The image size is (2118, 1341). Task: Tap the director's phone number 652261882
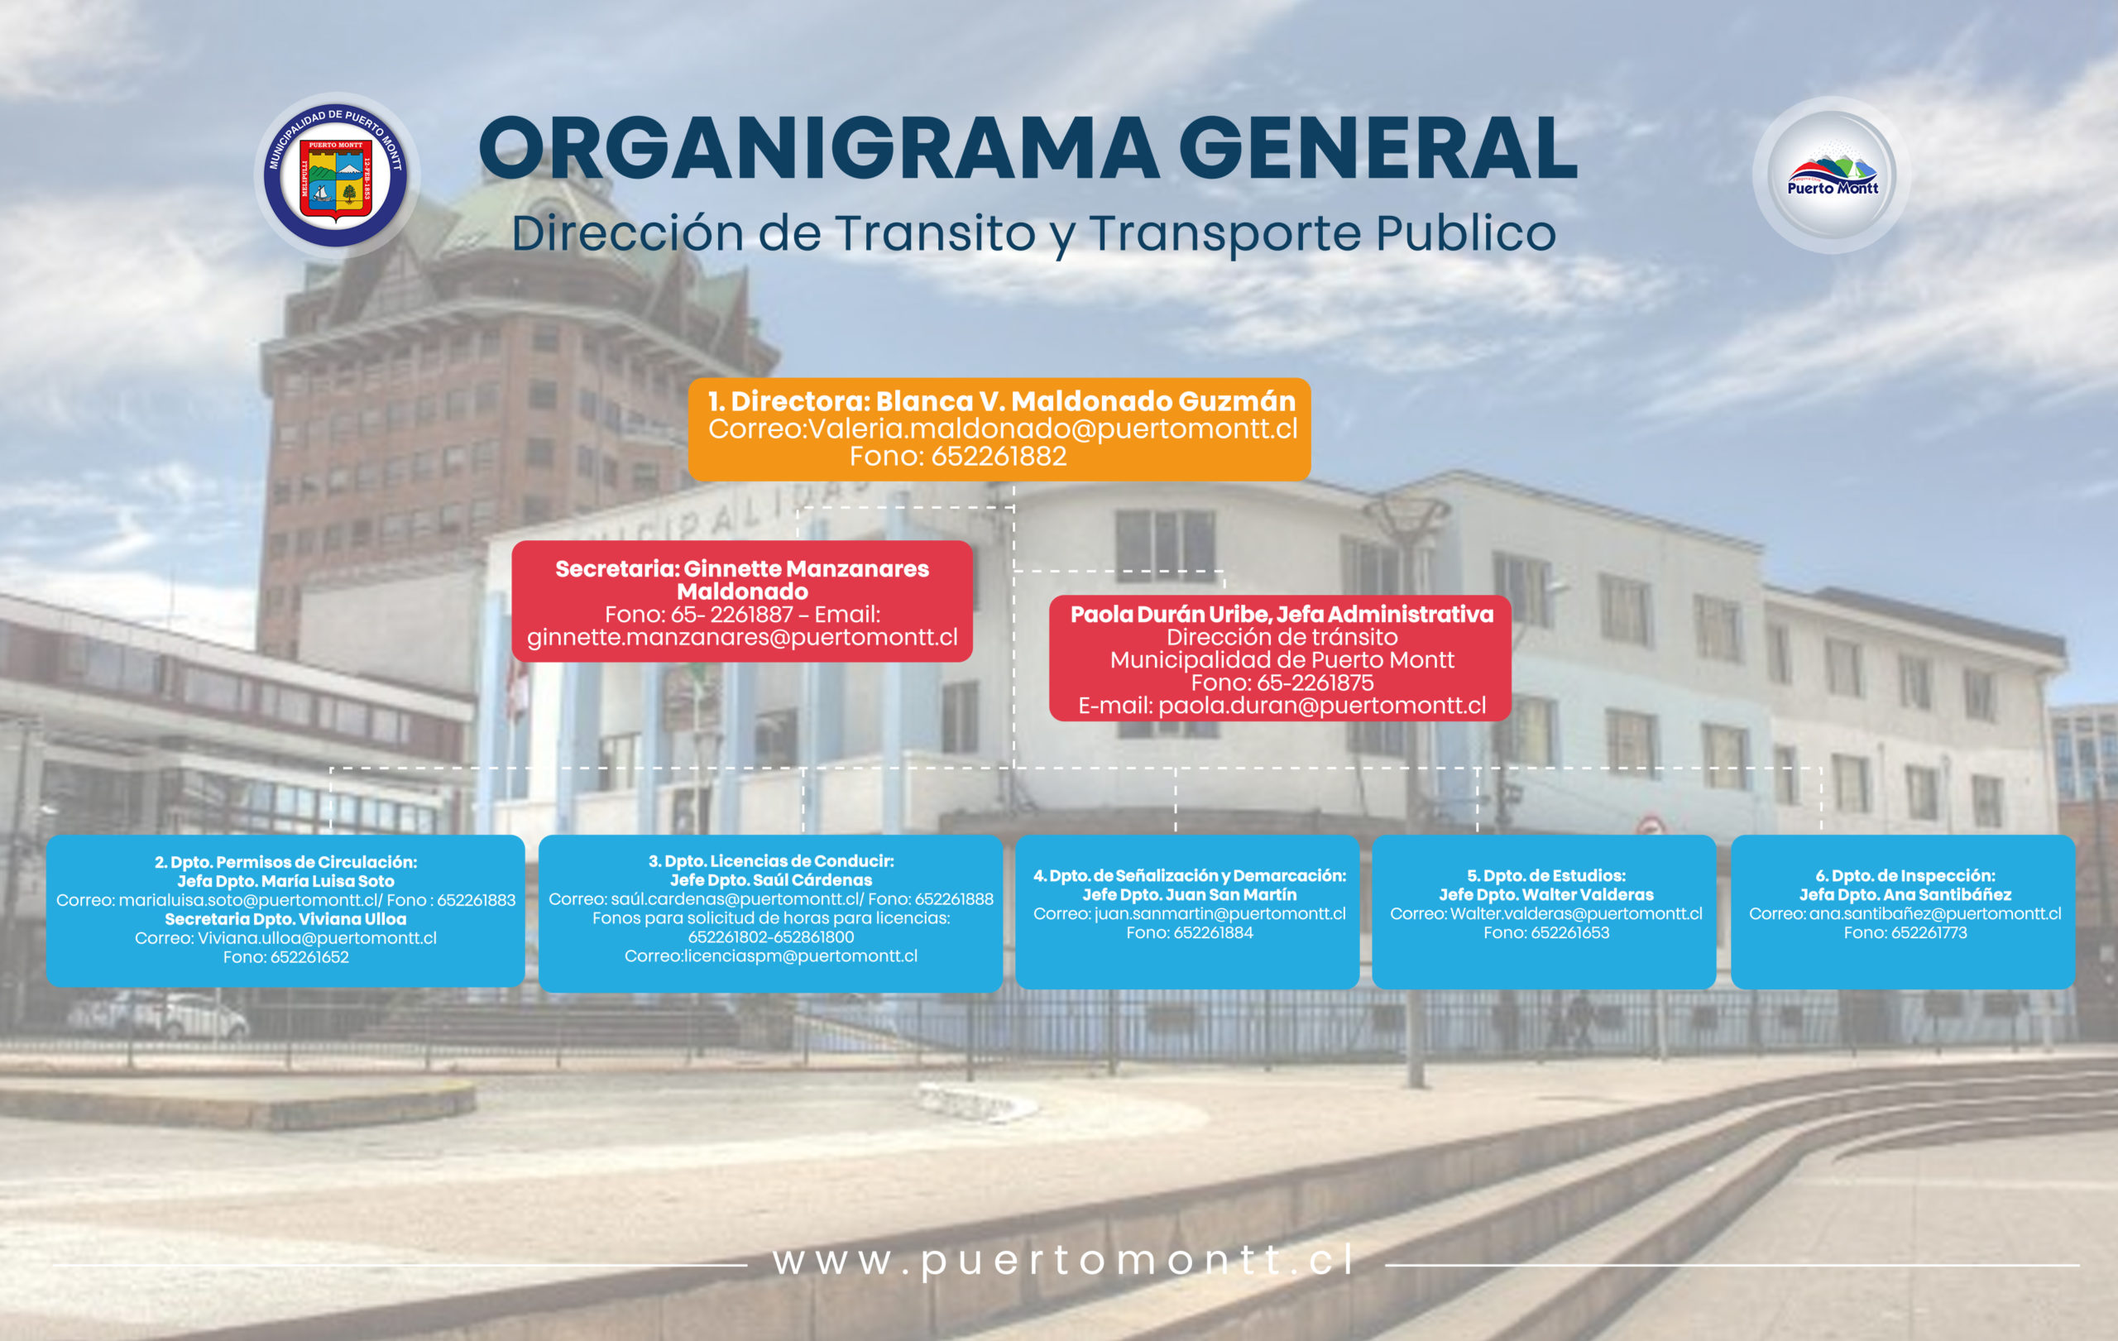999,457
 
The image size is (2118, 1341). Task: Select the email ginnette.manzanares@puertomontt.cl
742,638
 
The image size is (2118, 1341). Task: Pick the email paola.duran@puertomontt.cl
1321,705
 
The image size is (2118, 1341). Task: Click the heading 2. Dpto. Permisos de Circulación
286,863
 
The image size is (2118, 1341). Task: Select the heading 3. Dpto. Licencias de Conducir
771,862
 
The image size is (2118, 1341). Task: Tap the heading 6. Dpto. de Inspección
1905,876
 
